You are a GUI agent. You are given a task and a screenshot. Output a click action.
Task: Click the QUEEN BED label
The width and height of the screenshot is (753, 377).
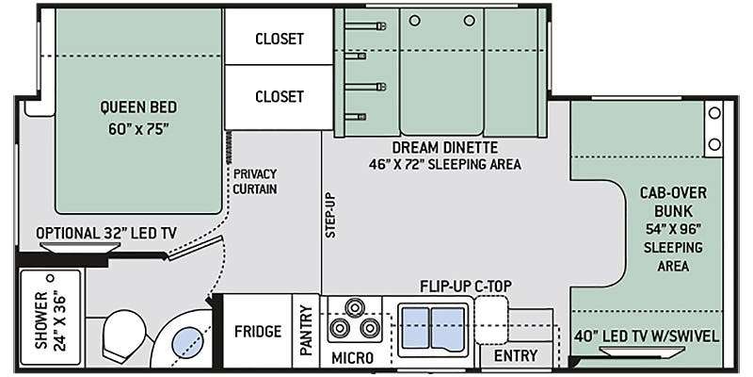pyautogui.click(x=138, y=107)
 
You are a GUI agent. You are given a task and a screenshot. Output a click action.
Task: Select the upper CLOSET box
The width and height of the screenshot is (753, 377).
pyautogui.click(x=279, y=37)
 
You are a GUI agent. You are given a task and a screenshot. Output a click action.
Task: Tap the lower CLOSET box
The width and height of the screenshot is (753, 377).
pyautogui.click(x=279, y=97)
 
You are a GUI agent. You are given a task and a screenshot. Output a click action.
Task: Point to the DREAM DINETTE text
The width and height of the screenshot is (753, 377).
pyautogui.click(x=444, y=147)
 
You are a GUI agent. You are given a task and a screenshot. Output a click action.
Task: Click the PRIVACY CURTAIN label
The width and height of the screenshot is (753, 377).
pyautogui.click(x=255, y=181)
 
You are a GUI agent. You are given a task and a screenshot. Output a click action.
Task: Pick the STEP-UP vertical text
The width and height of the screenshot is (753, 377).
pyautogui.click(x=330, y=216)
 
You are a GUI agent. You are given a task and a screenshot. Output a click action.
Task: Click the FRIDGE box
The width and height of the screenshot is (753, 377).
pyautogui.click(x=258, y=332)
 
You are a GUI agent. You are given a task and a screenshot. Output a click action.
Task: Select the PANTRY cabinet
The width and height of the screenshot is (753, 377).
pyautogui.click(x=306, y=332)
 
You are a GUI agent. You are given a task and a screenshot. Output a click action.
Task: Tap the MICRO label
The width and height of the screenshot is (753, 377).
pyautogui.click(x=352, y=358)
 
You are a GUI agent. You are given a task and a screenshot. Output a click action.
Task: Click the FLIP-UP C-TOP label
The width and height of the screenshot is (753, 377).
pyautogui.click(x=465, y=287)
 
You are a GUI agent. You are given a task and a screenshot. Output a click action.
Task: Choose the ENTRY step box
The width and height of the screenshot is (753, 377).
pyautogui.click(x=516, y=356)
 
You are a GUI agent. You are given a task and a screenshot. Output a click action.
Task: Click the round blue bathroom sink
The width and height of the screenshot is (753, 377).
pyautogui.click(x=187, y=343)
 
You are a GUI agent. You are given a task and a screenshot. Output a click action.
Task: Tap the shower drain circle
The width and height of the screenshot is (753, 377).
pyautogui.click(x=50, y=278)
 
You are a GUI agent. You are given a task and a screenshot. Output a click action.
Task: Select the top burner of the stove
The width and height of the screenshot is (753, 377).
pyautogui.click(x=355, y=307)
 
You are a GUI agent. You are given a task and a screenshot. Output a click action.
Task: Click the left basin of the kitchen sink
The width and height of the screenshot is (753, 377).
pyautogui.click(x=415, y=327)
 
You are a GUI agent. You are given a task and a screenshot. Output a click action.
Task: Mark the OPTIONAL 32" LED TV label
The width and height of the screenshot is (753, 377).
pyautogui.click(x=106, y=234)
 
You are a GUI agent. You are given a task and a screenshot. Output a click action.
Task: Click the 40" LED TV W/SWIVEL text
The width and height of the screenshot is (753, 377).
pyautogui.click(x=646, y=336)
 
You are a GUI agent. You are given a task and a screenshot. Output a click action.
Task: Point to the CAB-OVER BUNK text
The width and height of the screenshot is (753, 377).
pyautogui.click(x=673, y=202)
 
